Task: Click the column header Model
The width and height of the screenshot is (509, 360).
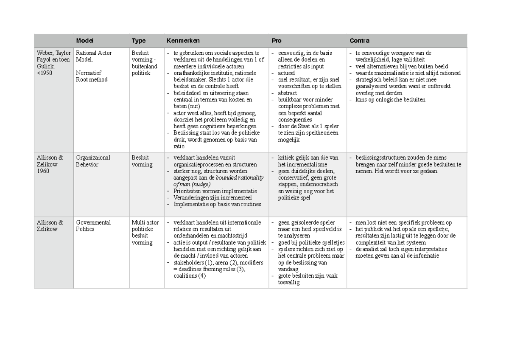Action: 85,41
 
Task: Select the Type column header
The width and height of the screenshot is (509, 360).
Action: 139,41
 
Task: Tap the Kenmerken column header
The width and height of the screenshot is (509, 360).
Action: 183,41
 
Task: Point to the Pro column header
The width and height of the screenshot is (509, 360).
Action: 277,41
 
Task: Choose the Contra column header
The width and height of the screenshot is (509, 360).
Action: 359,41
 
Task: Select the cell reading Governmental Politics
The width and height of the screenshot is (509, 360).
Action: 93,226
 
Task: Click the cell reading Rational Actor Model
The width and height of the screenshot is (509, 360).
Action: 94,56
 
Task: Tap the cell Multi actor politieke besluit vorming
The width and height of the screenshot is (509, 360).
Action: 145,233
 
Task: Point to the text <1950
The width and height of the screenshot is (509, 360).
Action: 45,73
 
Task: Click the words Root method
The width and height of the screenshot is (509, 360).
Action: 92,80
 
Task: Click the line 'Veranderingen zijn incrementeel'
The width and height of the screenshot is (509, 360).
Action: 213,197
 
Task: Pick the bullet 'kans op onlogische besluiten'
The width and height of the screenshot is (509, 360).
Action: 390,100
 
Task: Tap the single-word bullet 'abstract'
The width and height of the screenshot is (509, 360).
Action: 287,93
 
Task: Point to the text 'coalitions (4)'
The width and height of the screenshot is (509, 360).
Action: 190,276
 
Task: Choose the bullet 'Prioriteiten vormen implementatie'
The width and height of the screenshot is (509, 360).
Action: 215,191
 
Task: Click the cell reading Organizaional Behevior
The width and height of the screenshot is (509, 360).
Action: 93,161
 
